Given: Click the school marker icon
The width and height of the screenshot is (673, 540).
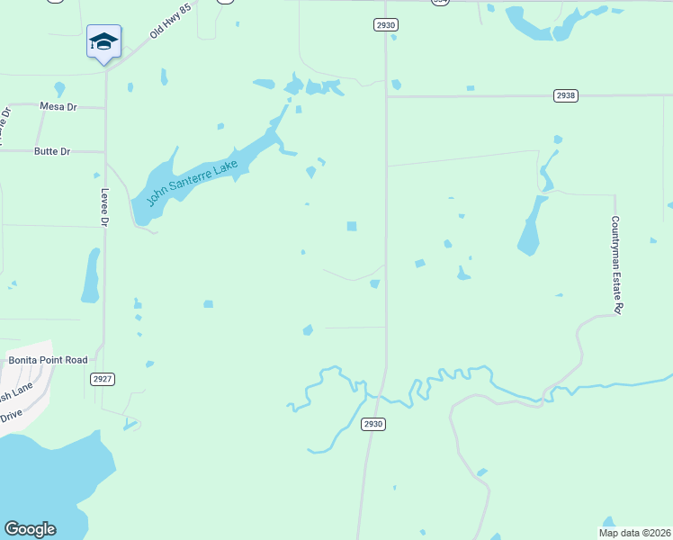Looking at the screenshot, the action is [103, 42].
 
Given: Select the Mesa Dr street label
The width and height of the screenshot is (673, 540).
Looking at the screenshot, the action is [58, 106].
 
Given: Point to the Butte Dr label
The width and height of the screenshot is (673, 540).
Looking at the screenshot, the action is [52, 151].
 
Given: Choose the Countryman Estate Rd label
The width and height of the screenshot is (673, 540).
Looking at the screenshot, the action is [616, 265].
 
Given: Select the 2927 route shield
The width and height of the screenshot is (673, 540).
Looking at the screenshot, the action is [103, 379].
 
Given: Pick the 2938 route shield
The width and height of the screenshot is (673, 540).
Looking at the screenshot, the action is [565, 95].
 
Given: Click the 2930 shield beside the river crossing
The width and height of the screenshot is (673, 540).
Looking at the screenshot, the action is [372, 424].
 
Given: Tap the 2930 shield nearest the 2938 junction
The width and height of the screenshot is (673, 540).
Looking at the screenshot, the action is [385, 25].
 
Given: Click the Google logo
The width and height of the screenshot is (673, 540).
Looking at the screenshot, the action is [30, 529].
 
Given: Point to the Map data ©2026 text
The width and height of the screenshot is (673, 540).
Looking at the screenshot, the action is [634, 532].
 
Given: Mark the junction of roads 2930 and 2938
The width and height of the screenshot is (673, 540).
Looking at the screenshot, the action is [387, 95].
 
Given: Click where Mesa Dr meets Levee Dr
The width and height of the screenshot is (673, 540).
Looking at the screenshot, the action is [105, 108].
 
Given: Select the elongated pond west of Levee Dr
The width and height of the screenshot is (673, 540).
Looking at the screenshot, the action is [90, 275].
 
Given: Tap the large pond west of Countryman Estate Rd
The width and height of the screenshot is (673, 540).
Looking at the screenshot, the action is [531, 228].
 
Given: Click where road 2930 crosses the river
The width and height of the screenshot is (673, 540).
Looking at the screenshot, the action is [381, 393].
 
